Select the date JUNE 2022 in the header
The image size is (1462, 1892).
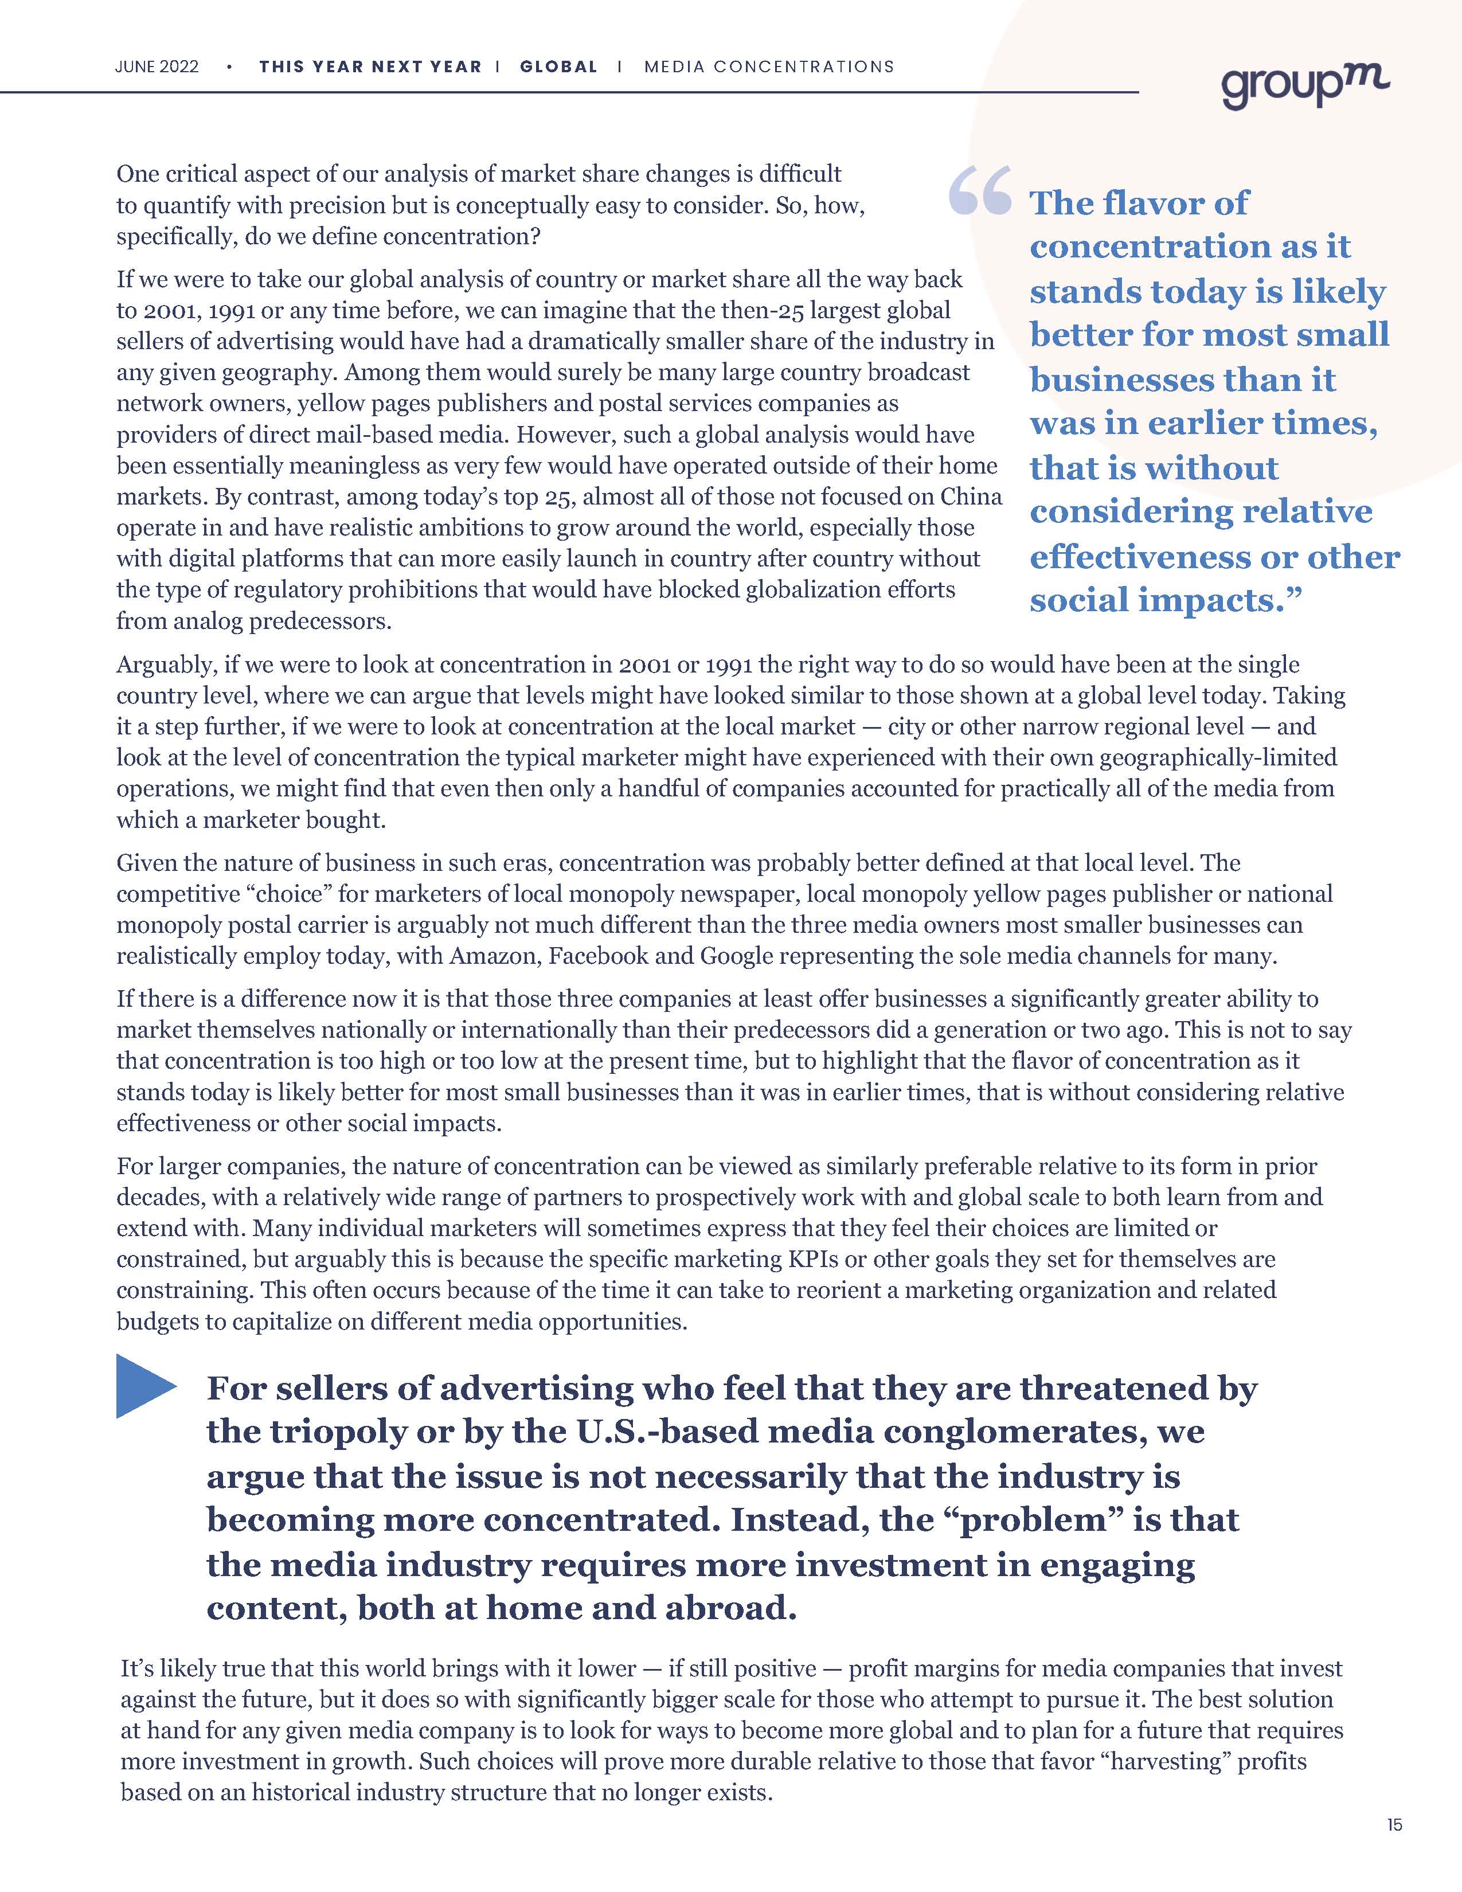157,67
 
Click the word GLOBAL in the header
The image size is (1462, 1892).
558,67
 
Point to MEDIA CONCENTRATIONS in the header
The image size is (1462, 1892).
769,67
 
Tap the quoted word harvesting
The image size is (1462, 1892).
1164,1761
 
